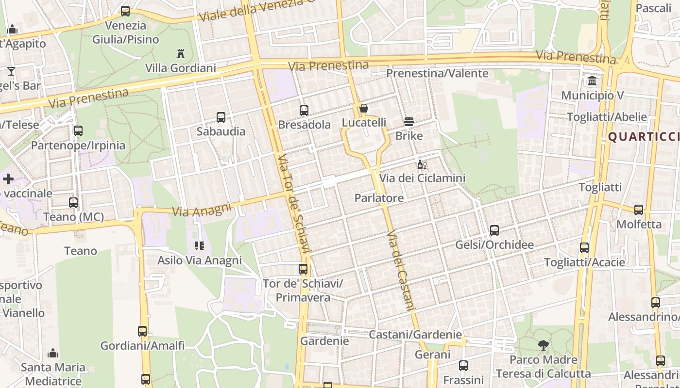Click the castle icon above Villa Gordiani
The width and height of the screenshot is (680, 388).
181,53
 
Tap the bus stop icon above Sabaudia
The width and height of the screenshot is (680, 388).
221,117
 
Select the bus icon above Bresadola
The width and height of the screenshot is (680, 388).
304,110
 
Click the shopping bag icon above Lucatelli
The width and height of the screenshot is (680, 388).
363,108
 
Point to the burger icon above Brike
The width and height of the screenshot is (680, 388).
409,121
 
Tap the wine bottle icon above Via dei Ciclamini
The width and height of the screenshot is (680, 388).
422,165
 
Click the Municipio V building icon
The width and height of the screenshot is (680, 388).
592,81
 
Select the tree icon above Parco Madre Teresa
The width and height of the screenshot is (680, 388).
543,345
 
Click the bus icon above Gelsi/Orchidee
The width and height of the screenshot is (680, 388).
494,230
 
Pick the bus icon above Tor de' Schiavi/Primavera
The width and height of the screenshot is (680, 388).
303,269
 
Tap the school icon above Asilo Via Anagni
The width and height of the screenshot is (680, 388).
199,246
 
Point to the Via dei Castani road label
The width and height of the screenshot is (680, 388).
402,270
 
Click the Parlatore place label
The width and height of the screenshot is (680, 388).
379,198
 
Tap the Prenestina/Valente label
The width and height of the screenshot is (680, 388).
437,73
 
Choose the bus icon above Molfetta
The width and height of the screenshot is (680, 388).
639,210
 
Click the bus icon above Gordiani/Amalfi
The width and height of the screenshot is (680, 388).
142,331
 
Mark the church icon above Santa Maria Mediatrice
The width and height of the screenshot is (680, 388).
53,353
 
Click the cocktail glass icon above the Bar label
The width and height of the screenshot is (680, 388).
11,72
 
